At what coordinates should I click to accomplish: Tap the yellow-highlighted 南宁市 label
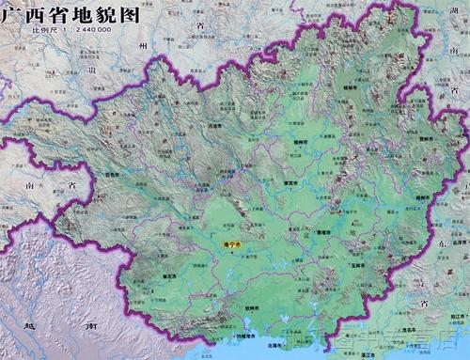(x=232, y=244)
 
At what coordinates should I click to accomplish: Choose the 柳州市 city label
(x=300, y=142)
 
